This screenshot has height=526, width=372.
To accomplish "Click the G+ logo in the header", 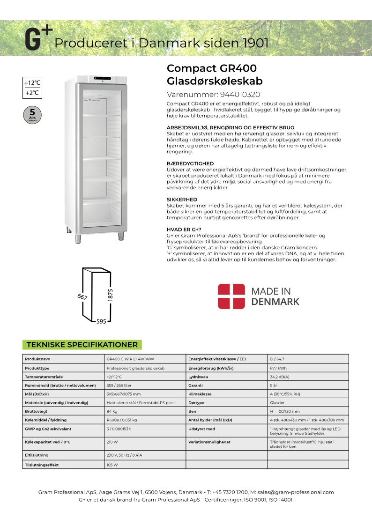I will click(38, 39).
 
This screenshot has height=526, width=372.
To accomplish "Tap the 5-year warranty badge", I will click(32, 114).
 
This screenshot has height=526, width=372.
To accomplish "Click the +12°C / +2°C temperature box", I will click(32, 88).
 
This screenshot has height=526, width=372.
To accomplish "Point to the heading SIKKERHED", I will click(182, 200).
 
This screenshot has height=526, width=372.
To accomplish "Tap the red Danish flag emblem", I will click(231, 296).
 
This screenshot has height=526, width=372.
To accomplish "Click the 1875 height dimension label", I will click(111, 295).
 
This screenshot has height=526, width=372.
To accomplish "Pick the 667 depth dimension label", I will click(83, 296).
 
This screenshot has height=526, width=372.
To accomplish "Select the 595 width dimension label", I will click(101, 321).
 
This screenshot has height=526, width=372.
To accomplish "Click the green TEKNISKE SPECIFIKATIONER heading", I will click(82, 345).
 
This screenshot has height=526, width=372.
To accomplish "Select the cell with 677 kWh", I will click(278, 368).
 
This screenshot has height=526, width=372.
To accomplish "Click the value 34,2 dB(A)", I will click(280, 377).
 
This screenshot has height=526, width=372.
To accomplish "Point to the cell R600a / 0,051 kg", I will click(121, 420).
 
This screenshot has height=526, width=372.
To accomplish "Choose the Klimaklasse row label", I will click(201, 394).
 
